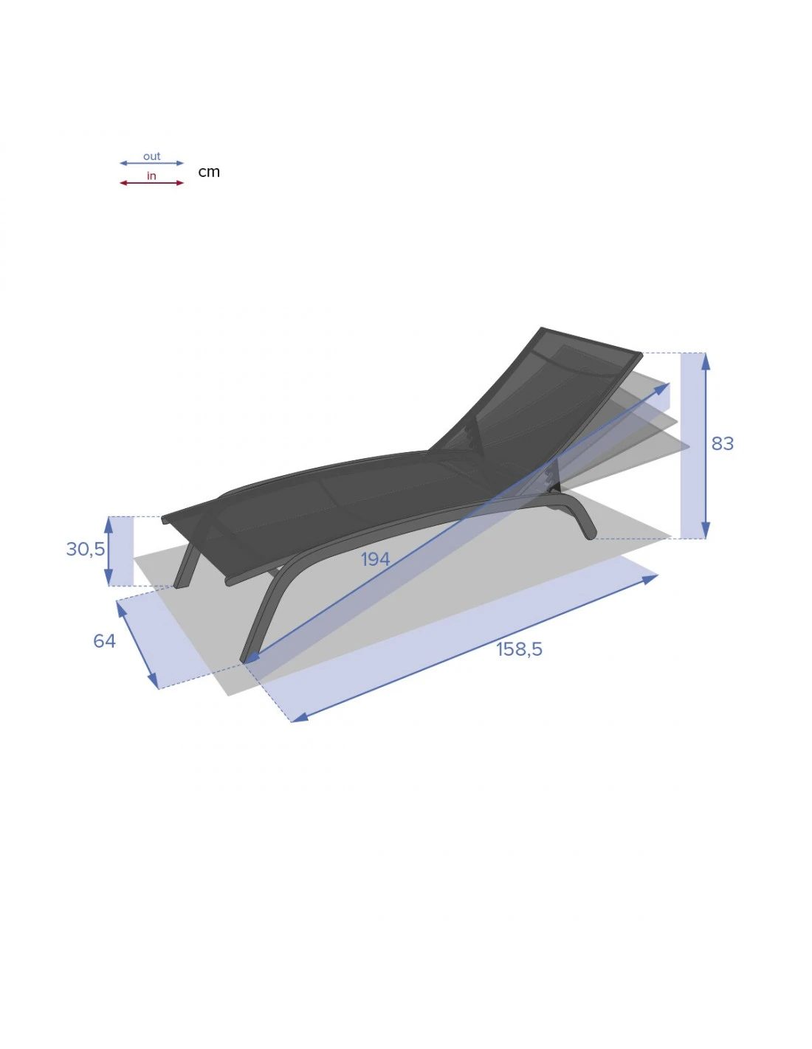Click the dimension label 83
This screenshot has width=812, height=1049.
(x=722, y=443)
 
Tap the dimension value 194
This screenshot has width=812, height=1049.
(x=375, y=559)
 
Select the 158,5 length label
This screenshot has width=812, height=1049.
(x=519, y=649)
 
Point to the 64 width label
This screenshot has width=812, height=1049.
(x=104, y=641)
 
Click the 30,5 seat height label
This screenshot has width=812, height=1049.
(x=85, y=549)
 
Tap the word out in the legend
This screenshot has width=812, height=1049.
(x=151, y=156)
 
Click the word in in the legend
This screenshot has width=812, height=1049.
(x=151, y=176)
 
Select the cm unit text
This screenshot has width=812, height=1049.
(x=209, y=172)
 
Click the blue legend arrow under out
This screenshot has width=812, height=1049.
(x=151, y=163)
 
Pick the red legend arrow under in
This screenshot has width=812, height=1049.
(x=151, y=183)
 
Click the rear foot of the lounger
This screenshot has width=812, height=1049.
(x=590, y=533)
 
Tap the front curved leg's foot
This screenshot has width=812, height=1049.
(x=247, y=657)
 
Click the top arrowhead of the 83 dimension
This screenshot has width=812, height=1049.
(x=706, y=359)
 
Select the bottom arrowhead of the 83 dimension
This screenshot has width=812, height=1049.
(x=706, y=532)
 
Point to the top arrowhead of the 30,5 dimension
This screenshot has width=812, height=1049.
(x=109, y=522)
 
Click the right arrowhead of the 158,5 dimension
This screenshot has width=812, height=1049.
(x=651, y=578)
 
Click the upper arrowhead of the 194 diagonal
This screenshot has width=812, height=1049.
(x=664, y=387)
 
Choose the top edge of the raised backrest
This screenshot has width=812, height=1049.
(x=591, y=341)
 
